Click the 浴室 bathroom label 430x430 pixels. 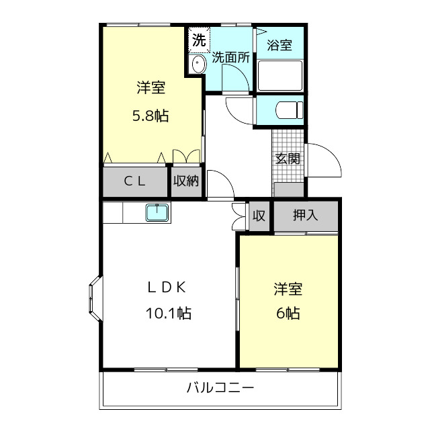tap(279, 46)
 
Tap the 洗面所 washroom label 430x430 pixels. tap(230, 58)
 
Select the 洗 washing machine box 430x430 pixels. tap(198, 40)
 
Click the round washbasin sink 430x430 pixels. tap(198, 65)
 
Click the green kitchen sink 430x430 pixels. tap(158, 213)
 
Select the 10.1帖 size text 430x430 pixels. tap(167, 312)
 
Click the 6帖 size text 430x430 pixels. tap(288, 313)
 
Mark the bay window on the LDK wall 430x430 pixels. tap(94, 298)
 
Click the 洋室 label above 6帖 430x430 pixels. tap(288, 290)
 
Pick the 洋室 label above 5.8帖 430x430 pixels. tap(150, 88)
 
